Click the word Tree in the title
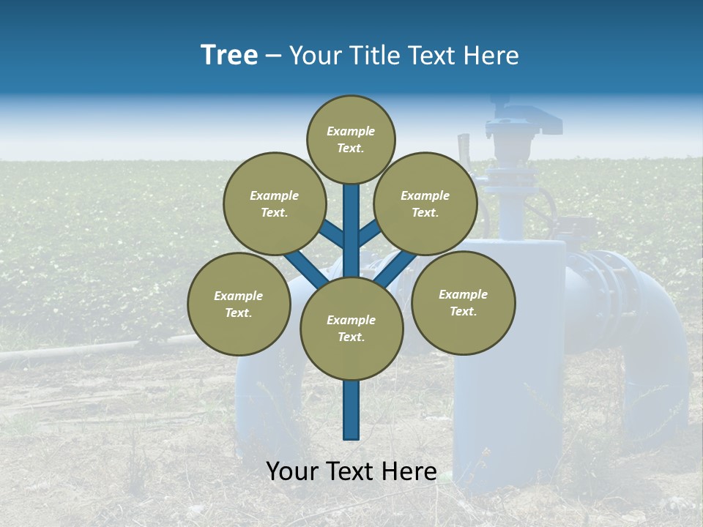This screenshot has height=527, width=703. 229,56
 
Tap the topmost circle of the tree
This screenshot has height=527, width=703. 351,139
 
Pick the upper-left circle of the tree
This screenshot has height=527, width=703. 274,203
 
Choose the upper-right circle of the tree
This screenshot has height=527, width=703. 425,203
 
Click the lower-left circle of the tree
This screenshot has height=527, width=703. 238,304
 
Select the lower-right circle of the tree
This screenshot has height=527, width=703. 463,302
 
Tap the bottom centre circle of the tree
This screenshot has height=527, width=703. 351,328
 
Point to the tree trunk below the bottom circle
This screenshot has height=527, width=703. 351,410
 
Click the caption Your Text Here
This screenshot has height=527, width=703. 351,471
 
